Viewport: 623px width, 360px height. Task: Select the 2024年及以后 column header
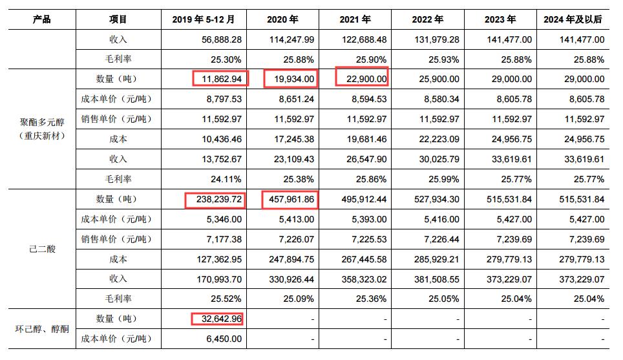click(x=572, y=19)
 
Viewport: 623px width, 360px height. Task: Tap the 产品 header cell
click(x=41, y=19)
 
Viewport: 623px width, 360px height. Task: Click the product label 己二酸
click(x=41, y=249)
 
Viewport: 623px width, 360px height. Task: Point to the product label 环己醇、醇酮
click(x=41, y=328)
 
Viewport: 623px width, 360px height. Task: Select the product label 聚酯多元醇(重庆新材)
click(x=41, y=129)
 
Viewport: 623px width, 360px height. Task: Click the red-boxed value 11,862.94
click(x=220, y=79)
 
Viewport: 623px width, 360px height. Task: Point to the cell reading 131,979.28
click(x=436, y=39)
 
